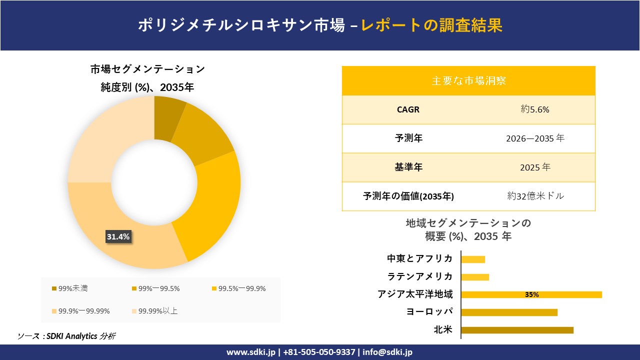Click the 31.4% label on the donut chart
click(x=118, y=237)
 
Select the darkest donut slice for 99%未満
click(x=168, y=118)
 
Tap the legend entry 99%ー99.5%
click(x=158, y=288)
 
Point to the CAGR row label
click(x=408, y=109)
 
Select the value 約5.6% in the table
click(x=534, y=109)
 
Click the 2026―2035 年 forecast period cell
click(x=534, y=138)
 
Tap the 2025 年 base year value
click(x=534, y=167)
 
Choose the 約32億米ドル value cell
click(x=535, y=196)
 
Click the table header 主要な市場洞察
click(x=468, y=80)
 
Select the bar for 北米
click(x=517, y=330)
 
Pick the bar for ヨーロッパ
click(x=509, y=312)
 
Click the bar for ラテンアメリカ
click(x=475, y=277)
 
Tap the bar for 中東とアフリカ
click(x=473, y=259)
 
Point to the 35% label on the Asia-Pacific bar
click(x=531, y=295)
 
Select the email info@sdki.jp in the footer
click(x=387, y=352)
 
